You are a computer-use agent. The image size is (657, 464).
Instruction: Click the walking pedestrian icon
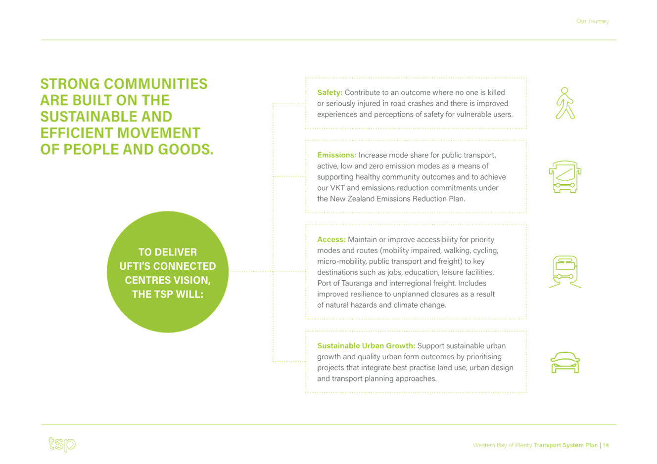(x=565, y=103)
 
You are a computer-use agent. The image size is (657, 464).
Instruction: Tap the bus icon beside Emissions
(x=565, y=176)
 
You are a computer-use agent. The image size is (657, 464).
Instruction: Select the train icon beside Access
(x=565, y=272)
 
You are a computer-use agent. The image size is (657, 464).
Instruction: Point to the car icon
(x=565, y=362)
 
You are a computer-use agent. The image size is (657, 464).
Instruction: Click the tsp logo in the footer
(x=62, y=444)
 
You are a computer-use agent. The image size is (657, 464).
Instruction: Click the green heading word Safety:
(x=329, y=92)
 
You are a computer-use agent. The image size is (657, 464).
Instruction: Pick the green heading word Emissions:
(x=336, y=155)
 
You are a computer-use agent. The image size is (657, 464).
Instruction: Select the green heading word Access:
(x=331, y=240)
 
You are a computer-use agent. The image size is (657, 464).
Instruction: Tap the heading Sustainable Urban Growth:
(x=366, y=346)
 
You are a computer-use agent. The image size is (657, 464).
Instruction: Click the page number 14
(x=606, y=445)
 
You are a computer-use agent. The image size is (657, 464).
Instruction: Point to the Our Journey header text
(x=593, y=21)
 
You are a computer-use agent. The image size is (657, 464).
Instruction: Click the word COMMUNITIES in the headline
(x=155, y=84)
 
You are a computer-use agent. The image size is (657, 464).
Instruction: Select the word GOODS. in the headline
(x=186, y=149)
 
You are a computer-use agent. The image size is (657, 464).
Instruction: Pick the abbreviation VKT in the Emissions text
(x=337, y=188)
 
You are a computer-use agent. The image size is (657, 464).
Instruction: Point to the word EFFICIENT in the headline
(x=77, y=133)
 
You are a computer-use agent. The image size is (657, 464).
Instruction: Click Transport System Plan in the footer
(x=565, y=445)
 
